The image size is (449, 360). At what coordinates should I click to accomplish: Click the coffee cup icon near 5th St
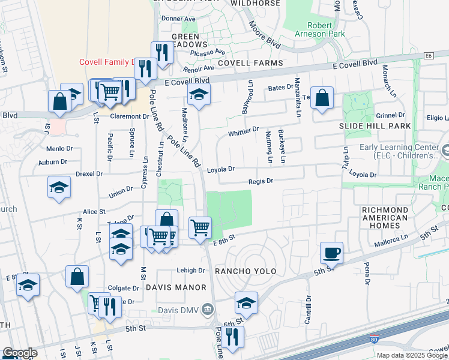(331, 252)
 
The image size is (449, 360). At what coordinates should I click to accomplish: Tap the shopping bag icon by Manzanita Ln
(322, 97)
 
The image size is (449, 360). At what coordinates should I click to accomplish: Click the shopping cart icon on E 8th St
(200, 227)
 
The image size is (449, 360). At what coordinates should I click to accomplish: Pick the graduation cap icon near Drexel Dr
(59, 187)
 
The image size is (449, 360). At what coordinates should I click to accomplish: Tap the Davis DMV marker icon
(208, 310)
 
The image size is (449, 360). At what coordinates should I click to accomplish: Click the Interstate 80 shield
(373, 340)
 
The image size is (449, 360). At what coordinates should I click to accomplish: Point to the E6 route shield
(428, 56)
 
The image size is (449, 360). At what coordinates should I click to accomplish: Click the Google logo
(19, 353)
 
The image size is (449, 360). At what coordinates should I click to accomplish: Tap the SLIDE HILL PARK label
(375, 126)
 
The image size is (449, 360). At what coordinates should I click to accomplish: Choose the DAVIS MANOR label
(172, 288)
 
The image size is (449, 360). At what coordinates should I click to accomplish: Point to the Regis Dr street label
(261, 181)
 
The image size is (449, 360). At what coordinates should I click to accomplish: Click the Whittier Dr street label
(243, 129)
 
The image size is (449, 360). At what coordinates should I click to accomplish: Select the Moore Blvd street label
(264, 35)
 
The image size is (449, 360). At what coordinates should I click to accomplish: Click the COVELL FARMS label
(250, 63)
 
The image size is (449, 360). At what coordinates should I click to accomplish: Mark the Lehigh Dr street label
(191, 270)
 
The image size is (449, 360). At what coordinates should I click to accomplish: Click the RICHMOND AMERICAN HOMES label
(385, 217)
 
